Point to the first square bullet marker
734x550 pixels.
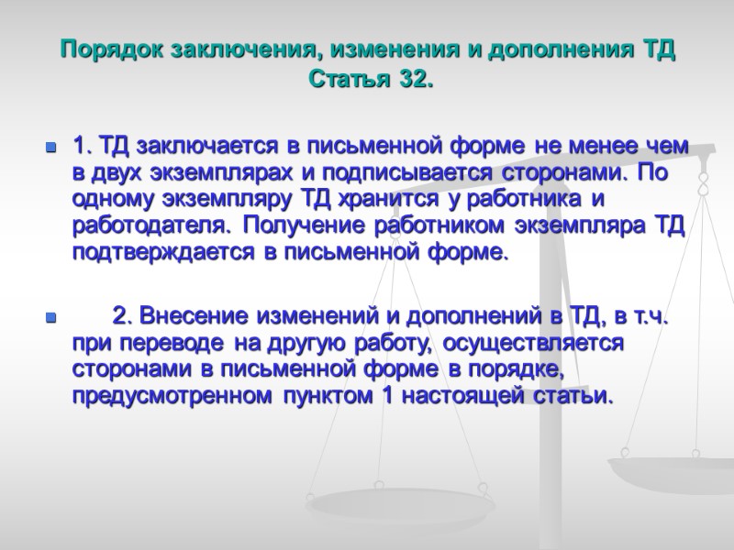point(50,147)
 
